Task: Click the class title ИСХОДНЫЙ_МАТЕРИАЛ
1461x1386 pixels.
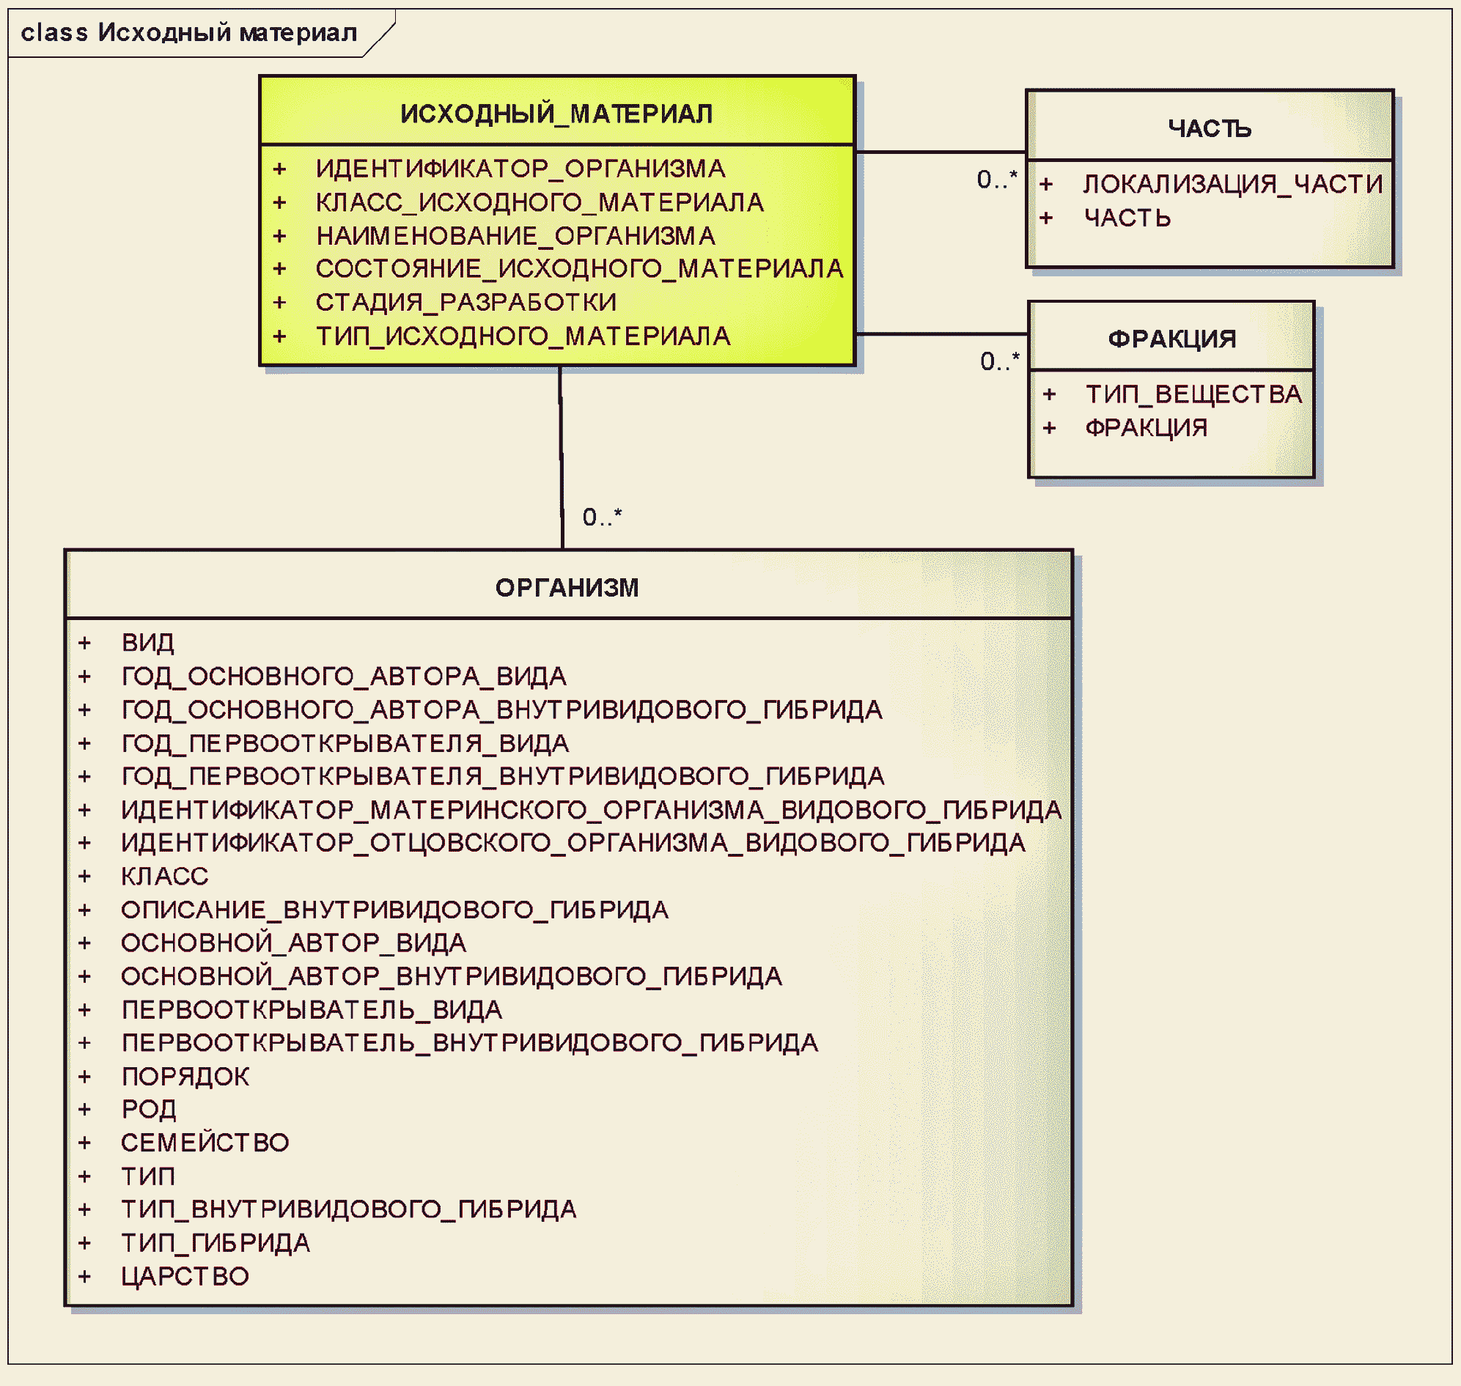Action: pos(556,114)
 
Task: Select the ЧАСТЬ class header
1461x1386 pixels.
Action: pos(1209,128)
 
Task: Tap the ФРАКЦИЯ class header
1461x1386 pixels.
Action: pos(1171,339)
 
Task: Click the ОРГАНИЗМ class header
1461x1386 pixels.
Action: pos(567,588)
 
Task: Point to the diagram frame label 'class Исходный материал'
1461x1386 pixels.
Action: pos(188,32)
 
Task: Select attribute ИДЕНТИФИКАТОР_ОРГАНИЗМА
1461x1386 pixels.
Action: pos(520,169)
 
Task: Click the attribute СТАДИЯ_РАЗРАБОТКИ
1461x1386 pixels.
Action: pos(465,302)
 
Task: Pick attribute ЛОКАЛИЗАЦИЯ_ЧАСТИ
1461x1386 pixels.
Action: pos(1232,184)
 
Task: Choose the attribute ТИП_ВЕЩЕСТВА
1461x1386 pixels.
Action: pos(1193,394)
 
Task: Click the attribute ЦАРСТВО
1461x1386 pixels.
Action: pos(185,1277)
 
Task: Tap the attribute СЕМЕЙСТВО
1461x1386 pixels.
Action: pos(205,1143)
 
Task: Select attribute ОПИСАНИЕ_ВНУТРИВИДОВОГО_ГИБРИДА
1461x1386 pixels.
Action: pos(394,910)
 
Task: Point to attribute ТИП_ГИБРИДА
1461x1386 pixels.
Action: pos(215,1243)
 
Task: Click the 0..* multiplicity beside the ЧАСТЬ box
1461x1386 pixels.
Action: pos(996,180)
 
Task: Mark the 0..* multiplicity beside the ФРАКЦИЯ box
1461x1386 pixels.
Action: pos(999,361)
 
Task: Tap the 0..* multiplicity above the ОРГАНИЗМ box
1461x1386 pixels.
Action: pos(602,517)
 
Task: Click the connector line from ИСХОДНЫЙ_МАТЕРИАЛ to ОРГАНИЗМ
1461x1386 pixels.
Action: pos(561,458)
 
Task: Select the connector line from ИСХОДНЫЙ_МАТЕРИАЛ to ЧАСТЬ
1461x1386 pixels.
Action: pos(940,152)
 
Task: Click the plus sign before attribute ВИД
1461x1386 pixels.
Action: pos(84,643)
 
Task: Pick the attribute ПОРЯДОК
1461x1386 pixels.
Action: pos(185,1077)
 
